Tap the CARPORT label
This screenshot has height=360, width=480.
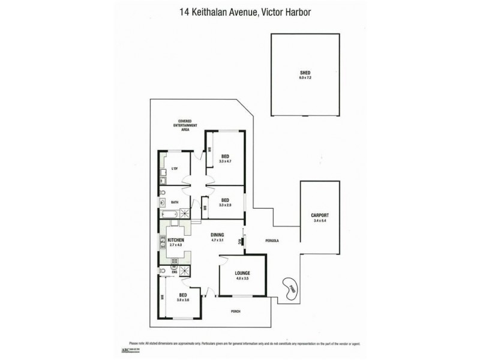coord(320,215)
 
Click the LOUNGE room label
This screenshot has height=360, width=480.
coord(242,273)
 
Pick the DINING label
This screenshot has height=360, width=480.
coord(217,235)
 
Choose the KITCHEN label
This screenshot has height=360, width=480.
coord(176,240)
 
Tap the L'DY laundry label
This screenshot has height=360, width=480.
coord(175,169)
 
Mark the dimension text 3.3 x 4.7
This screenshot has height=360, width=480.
coord(226,161)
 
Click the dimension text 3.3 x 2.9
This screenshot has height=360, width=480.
coord(226,205)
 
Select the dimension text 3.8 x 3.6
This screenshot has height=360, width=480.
coord(183,299)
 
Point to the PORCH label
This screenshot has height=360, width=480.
coord(236,311)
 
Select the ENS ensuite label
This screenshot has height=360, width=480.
coord(174,272)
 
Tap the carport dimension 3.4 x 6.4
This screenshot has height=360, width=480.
coord(320,220)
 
